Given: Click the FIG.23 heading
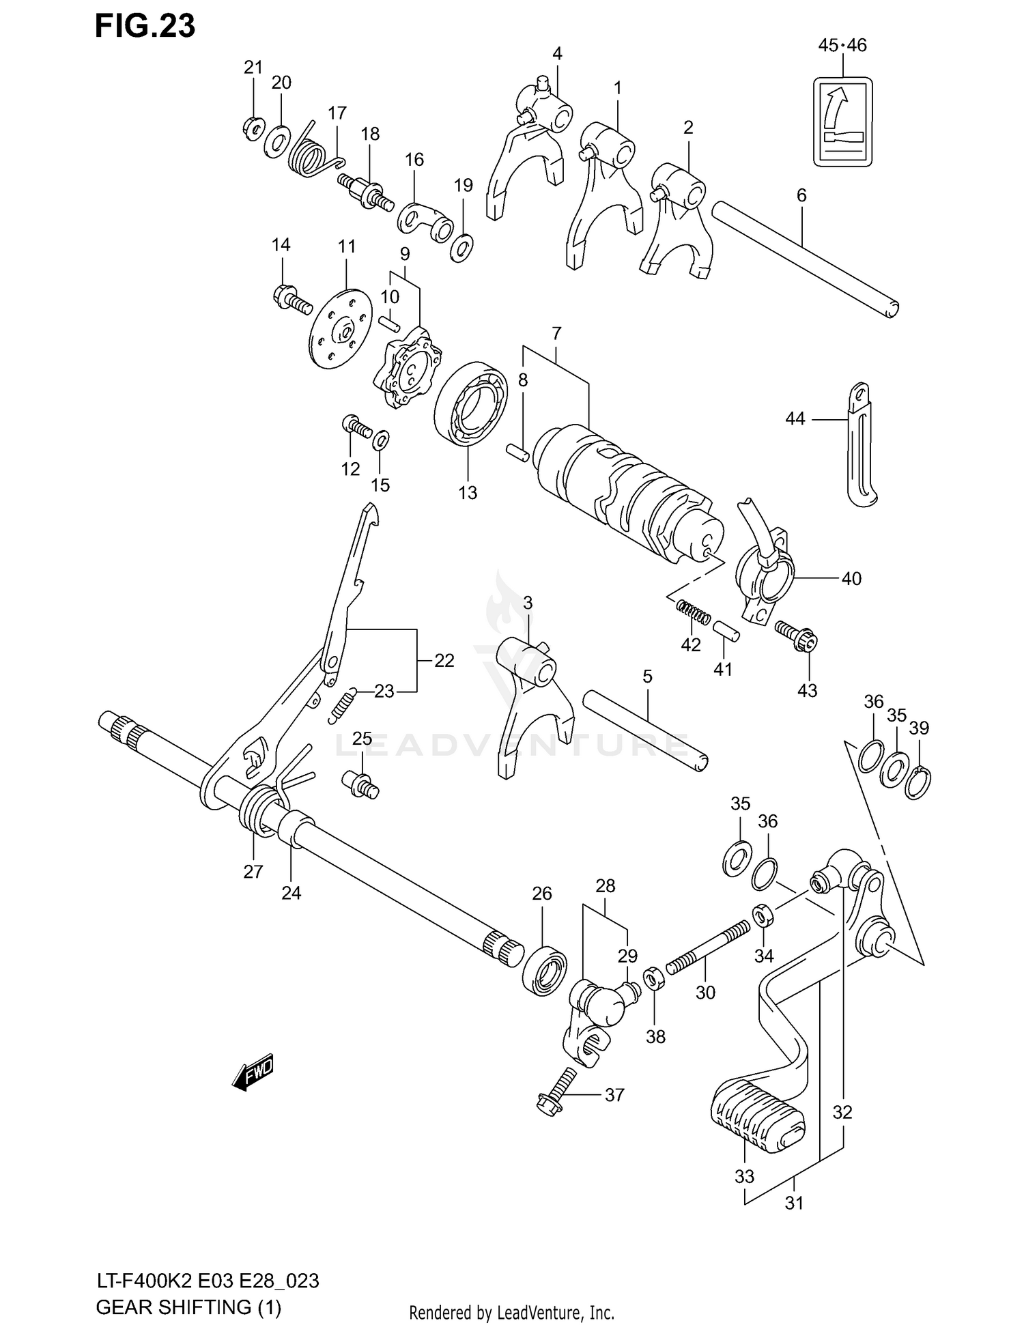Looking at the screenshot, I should point(145,25).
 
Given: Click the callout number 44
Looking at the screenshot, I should point(795,418).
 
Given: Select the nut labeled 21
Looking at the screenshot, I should point(254,128).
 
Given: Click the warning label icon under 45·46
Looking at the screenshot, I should point(842,122).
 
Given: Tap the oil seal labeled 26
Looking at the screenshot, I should point(545,969).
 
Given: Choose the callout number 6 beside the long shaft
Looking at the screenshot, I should point(801,196).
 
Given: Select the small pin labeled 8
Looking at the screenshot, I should point(517,452).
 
